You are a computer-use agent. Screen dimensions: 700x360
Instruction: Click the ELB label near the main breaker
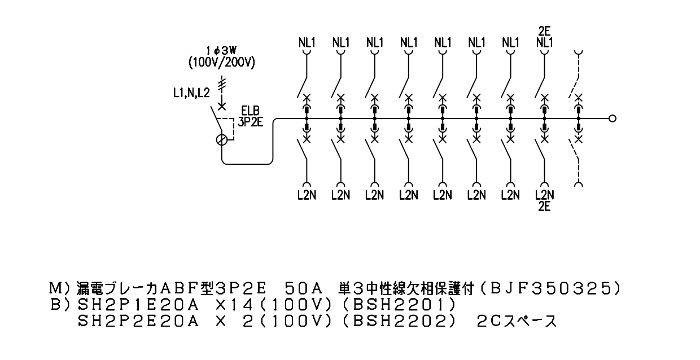tap(250, 111)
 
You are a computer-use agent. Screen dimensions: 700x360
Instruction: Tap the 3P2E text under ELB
tap(250, 122)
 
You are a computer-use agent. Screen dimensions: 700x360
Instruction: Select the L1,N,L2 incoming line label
tap(191, 93)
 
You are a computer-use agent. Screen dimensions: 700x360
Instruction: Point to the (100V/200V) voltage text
tap(222, 63)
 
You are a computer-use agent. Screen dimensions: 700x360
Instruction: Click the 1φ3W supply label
tap(221, 50)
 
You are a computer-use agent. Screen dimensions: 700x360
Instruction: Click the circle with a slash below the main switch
tap(222, 140)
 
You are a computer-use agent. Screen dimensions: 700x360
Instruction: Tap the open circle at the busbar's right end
tap(613, 118)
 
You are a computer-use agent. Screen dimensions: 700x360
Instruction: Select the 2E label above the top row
tap(544, 31)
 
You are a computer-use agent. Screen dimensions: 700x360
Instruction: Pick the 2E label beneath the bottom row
tap(544, 207)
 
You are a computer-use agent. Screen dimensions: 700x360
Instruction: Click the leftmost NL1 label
tap(307, 42)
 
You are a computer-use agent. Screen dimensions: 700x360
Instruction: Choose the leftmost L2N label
tap(307, 195)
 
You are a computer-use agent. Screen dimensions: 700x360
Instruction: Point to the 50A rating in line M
tap(304, 288)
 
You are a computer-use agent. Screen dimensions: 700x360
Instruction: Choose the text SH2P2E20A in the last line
tap(138, 321)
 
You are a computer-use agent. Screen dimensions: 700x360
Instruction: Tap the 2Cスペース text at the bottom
tap(517, 321)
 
